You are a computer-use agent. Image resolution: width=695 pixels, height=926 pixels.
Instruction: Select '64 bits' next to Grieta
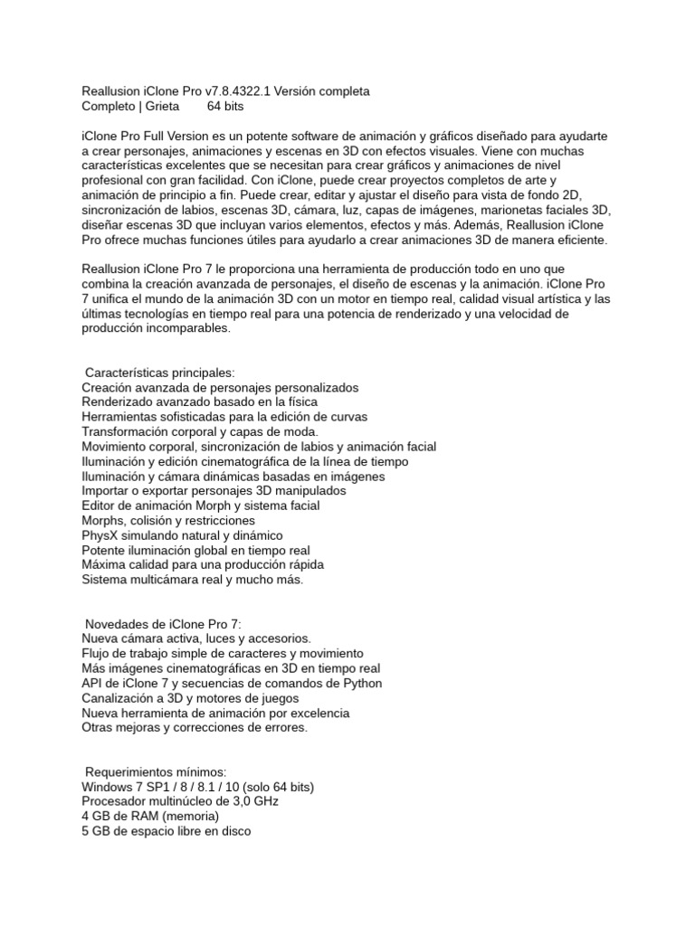[x=226, y=106]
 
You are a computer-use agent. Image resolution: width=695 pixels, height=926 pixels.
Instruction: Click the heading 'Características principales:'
[x=159, y=373]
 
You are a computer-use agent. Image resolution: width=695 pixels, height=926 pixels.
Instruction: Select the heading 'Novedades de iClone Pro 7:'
[x=164, y=624]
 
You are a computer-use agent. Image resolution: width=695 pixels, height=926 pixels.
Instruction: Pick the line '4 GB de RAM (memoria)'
[x=150, y=816]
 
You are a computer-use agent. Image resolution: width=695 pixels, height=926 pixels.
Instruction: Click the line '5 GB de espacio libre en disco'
[x=166, y=830]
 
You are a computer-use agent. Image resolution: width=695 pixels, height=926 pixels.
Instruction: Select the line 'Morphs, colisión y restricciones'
[x=167, y=521]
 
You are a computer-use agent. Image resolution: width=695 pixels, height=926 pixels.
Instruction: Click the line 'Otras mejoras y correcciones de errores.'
[x=195, y=727]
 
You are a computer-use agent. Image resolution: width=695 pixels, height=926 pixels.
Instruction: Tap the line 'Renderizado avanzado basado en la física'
[x=199, y=402]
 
